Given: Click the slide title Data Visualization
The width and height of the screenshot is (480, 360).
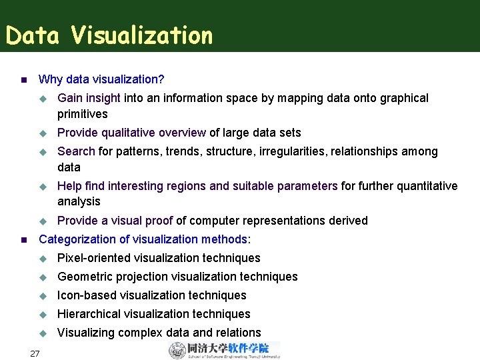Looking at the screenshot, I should [x=109, y=35].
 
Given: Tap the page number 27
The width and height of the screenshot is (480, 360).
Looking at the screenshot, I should [x=35, y=353].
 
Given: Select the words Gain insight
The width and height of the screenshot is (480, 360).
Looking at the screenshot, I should [x=89, y=98].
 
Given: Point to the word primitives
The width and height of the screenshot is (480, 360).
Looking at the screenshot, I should [x=83, y=114].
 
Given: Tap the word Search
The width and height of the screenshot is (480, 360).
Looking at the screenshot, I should [x=76, y=151].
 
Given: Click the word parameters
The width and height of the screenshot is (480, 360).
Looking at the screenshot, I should [x=307, y=186].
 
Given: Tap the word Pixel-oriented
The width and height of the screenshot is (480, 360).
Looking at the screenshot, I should [x=94, y=258].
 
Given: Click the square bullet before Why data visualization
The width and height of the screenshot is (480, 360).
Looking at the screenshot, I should [x=23, y=80].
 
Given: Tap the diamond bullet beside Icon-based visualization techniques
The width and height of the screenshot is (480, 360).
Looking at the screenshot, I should [x=44, y=295].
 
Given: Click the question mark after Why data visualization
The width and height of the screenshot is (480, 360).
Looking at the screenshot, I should [x=161, y=79].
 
